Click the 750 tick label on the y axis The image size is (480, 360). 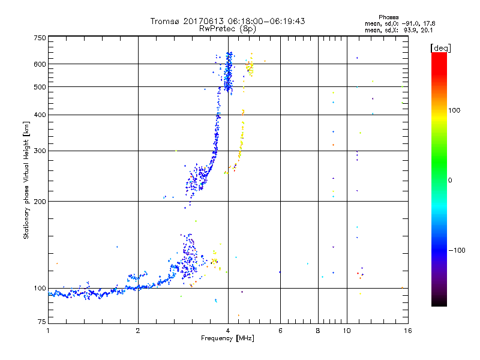coord(40,38)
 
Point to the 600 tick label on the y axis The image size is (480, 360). coord(40,64)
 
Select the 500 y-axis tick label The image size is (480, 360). coord(40,87)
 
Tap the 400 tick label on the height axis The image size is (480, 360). coord(40,115)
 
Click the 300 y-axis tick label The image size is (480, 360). coord(40,151)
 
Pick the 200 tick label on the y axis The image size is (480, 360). coord(40,202)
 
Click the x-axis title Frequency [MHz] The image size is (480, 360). coord(227,339)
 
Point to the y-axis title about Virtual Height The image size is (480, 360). coord(26,180)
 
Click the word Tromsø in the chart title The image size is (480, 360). coord(166,21)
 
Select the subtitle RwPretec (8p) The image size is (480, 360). coord(227,28)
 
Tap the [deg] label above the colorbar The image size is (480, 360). coord(440,48)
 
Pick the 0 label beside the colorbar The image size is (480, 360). coord(450,180)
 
